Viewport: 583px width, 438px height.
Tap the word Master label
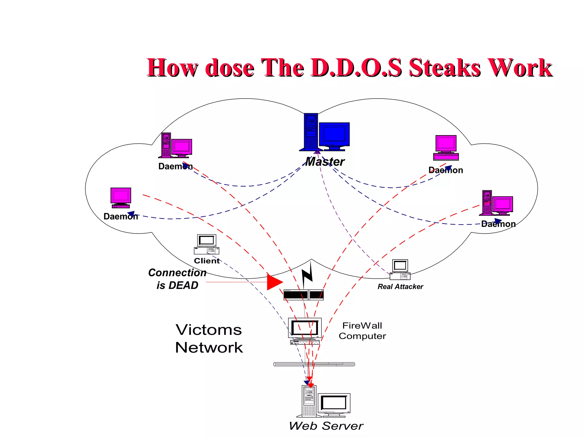pos(325,162)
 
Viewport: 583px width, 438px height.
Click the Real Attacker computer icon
pos(400,269)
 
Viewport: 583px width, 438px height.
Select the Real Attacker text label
pos(400,287)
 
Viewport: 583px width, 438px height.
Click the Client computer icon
pos(206,244)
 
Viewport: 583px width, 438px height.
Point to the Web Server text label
pos(326,426)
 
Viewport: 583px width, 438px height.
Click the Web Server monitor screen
pos(334,403)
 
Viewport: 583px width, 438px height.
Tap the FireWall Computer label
pos(362,331)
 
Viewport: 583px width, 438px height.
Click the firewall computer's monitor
pos(305,328)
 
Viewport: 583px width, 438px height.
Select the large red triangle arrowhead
pos(274,282)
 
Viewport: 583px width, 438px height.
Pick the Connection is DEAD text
pos(177,279)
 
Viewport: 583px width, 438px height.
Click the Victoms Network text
pos(209,338)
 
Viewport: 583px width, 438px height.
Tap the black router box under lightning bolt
pos(303,295)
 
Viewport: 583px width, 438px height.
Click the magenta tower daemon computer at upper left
pos(175,145)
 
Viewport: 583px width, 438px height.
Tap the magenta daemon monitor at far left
pos(121,196)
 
